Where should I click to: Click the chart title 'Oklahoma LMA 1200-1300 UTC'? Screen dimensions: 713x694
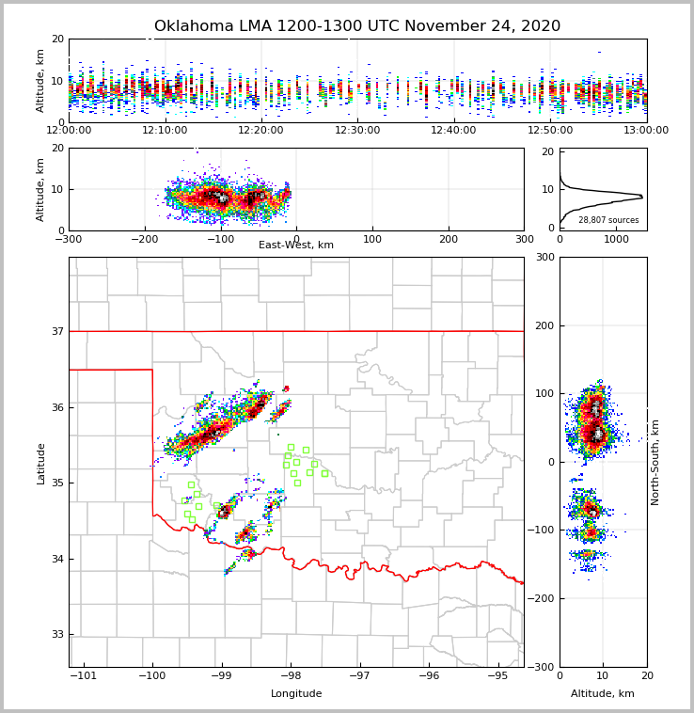pyautogui.click(x=356, y=26)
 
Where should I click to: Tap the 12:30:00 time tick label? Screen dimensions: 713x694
pyautogui.click(x=357, y=130)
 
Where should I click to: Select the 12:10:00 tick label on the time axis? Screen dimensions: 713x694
pyautogui.click(x=166, y=130)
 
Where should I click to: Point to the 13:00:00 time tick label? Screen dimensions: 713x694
pyautogui.click(x=646, y=130)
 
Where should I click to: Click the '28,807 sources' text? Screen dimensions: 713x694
pyautogui.click(x=608, y=220)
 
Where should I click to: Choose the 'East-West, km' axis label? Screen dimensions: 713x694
pyautogui.click(x=296, y=246)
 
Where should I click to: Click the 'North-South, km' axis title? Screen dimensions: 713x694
pyautogui.click(x=655, y=462)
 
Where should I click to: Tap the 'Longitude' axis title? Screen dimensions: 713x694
pyautogui.click(x=296, y=694)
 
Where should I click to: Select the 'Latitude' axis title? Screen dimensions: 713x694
pyautogui.click(x=41, y=463)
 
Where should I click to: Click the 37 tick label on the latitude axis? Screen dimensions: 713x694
pyautogui.click(x=58, y=332)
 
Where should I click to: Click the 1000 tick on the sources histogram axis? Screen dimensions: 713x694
pyautogui.click(x=616, y=239)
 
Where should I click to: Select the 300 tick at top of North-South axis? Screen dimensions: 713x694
pyautogui.click(x=543, y=258)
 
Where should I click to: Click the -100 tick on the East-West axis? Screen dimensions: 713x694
pyautogui.click(x=219, y=239)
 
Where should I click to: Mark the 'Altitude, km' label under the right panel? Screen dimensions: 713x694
pyautogui.click(x=603, y=694)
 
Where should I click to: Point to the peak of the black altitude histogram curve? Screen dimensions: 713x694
pyautogui.click(x=642, y=197)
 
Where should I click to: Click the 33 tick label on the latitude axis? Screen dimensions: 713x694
pyautogui.click(x=58, y=635)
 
